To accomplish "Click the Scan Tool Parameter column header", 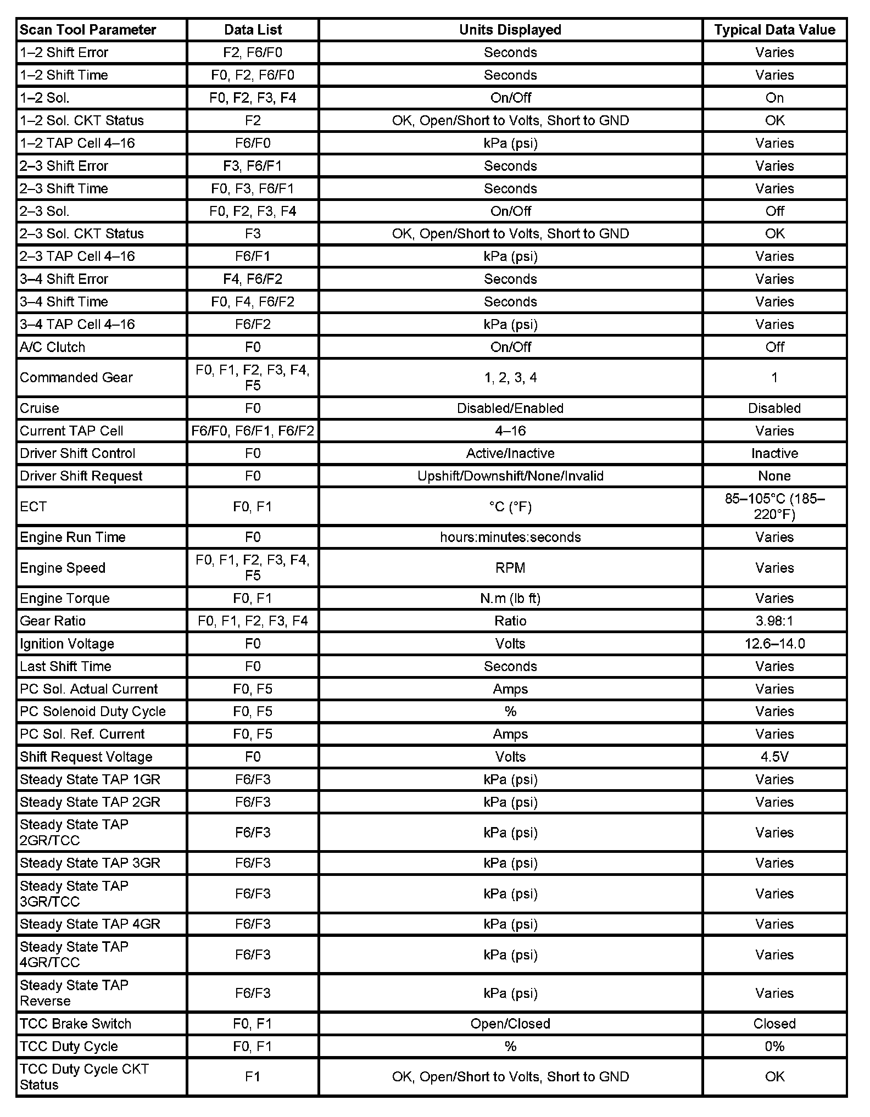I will [x=88, y=30].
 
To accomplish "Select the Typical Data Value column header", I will [x=774, y=30].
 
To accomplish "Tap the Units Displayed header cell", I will [x=510, y=30].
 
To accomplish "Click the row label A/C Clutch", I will [x=53, y=347].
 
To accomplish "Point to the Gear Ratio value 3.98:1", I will [x=774, y=621].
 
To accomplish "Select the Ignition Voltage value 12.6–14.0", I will [x=774, y=644].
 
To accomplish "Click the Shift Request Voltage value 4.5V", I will [x=774, y=757].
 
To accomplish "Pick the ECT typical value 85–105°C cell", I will [x=774, y=506].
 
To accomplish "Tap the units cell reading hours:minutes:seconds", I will [x=510, y=537].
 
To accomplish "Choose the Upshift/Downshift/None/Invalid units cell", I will [x=510, y=476].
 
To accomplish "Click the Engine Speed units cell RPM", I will [x=510, y=568].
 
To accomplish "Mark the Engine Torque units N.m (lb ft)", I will [x=510, y=598].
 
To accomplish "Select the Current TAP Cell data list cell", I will [x=253, y=431].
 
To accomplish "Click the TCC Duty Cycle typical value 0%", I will [x=774, y=1046].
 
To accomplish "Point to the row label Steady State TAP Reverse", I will [x=74, y=993].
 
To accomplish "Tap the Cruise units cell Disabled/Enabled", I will [x=510, y=408].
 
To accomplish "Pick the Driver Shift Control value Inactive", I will [x=774, y=453].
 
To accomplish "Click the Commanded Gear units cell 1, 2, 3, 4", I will [x=510, y=377].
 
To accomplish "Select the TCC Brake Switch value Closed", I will [x=774, y=1024].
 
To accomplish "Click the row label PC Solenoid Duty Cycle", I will [x=93, y=711].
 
